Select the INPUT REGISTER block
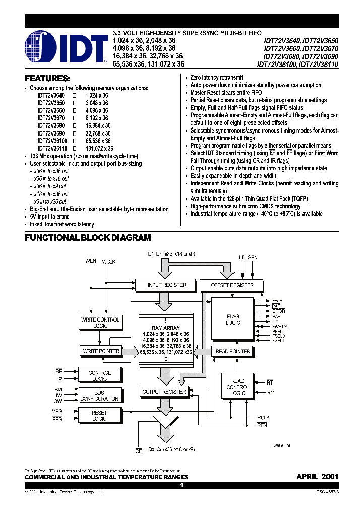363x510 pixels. click(166, 285)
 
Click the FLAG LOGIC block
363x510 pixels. click(233, 320)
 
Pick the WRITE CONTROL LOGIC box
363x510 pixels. click(100, 323)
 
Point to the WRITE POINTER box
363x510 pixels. click(100, 351)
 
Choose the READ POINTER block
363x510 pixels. click(233, 351)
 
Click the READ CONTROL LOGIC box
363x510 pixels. click(237, 387)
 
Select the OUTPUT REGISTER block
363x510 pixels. click(164, 392)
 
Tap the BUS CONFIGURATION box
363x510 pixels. click(99, 396)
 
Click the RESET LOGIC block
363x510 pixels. click(99, 416)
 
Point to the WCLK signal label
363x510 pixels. click(109, 262)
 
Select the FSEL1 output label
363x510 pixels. click(278, 340)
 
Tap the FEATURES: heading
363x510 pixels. click(47, 79)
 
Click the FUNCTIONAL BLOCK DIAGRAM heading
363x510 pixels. click(88, 238)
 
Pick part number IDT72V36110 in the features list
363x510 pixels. click(51, 149)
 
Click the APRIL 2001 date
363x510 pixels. click(317, 476)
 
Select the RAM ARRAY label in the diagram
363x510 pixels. click(166, 327)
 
